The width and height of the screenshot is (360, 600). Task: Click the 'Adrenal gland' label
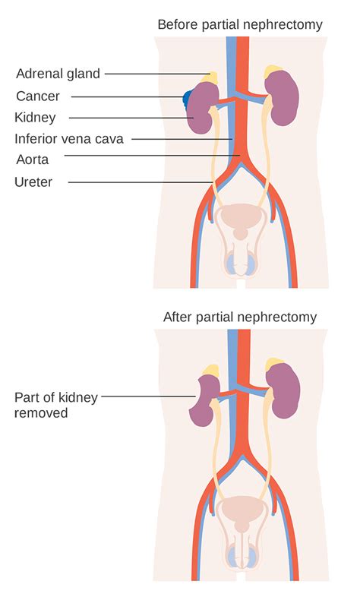[x=58, y=74]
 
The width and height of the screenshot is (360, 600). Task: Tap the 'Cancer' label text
[x=37, y=96]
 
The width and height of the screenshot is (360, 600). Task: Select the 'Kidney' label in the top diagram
[x=35, y=118]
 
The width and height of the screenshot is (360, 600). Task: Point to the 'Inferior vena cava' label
[x=69, y=139]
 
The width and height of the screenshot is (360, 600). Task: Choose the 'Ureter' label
[x=33, y=182]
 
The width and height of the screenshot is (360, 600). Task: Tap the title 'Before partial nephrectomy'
[x=239, y=25]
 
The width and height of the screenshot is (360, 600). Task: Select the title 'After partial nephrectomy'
[x=239, y=317]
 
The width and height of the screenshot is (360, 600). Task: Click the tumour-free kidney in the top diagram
[x=283, y=97]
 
